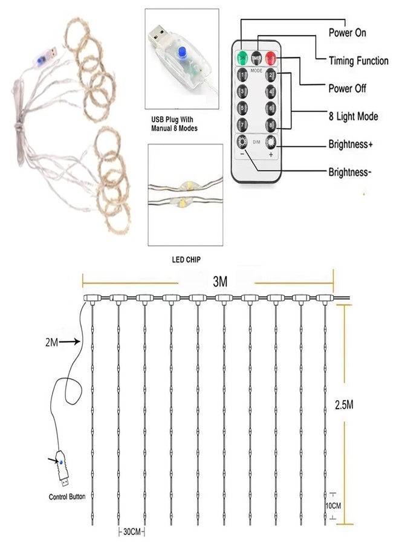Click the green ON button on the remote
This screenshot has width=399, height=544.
point(242,58)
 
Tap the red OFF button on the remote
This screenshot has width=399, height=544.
point(271,58)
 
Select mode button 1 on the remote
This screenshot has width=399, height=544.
point(242,74)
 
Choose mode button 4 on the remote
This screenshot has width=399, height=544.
point(271,92)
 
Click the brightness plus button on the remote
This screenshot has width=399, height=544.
point(271,142)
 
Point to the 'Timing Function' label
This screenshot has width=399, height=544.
point(358,60)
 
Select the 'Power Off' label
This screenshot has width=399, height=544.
point(347,88)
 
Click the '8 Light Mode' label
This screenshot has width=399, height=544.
point(353,116)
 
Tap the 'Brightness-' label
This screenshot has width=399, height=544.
point(350,172)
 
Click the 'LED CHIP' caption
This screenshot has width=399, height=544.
point(186,259)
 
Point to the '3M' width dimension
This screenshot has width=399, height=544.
point(220,282)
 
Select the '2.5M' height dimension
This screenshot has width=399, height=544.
point(344,404)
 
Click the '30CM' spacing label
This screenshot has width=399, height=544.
point(132,531)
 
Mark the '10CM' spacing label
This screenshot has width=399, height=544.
point(333,506)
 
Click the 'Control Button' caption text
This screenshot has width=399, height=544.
point(67,497)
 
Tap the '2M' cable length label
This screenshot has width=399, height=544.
point(51,342)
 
